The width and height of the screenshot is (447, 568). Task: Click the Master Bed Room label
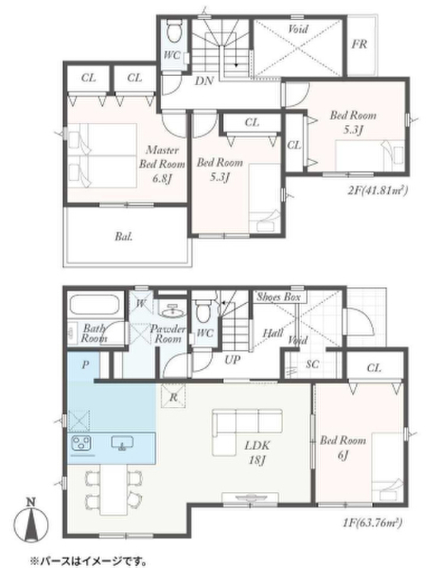point(162,164)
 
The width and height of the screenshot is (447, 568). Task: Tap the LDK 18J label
point(257,453)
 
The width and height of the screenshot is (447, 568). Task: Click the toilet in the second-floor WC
point(174,31)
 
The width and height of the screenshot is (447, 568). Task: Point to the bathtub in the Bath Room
point(94,305)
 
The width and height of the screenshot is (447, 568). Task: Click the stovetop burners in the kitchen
point(82,442)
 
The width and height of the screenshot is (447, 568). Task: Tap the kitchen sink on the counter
point(122,442)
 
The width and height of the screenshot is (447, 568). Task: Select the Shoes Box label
point(279,297)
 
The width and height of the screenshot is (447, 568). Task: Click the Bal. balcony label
point(123,236)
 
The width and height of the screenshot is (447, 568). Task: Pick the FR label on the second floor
point(360,44)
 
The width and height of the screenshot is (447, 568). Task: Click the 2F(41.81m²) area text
point(377,190)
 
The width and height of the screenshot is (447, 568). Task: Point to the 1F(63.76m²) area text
point(372,523)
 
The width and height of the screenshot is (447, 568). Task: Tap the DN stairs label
point(204,81)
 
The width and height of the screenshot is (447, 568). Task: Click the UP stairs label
point(232,359)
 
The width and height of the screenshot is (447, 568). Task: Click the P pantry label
point(85,364)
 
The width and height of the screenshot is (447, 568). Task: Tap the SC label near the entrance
point(312,364)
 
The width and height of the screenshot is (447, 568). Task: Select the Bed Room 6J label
point(343,447)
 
